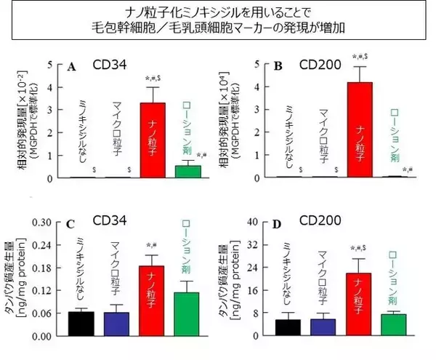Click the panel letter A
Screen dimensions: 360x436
point(72,68)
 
